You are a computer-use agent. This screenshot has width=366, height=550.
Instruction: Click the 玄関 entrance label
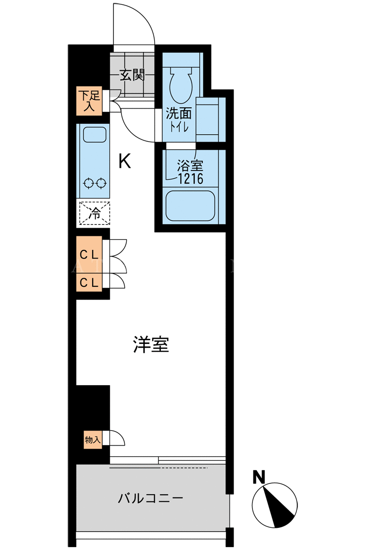[132, 75]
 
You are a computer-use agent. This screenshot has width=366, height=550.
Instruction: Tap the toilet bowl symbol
[181, 85]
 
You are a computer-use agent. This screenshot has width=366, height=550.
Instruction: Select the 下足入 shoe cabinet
[89, 101]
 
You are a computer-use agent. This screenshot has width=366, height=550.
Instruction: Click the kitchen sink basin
[94, 134]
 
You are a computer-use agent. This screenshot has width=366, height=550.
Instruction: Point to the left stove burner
[88, 183]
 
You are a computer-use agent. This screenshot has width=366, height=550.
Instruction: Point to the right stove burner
[101, 183]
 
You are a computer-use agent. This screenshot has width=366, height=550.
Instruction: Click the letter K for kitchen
[124, 161]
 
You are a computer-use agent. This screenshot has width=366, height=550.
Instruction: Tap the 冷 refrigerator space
[94, 213]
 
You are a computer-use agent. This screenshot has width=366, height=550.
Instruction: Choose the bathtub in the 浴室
[190, 206]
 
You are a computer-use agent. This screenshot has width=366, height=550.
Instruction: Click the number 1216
[191, 179]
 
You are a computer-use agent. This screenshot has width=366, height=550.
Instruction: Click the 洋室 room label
[151, 345]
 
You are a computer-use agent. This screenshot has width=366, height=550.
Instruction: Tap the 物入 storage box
[93, 439]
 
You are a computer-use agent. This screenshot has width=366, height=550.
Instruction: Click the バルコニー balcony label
[150, 498]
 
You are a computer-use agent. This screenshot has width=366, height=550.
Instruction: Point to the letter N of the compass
[259, 477]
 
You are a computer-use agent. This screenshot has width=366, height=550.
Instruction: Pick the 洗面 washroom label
[179, 113]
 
